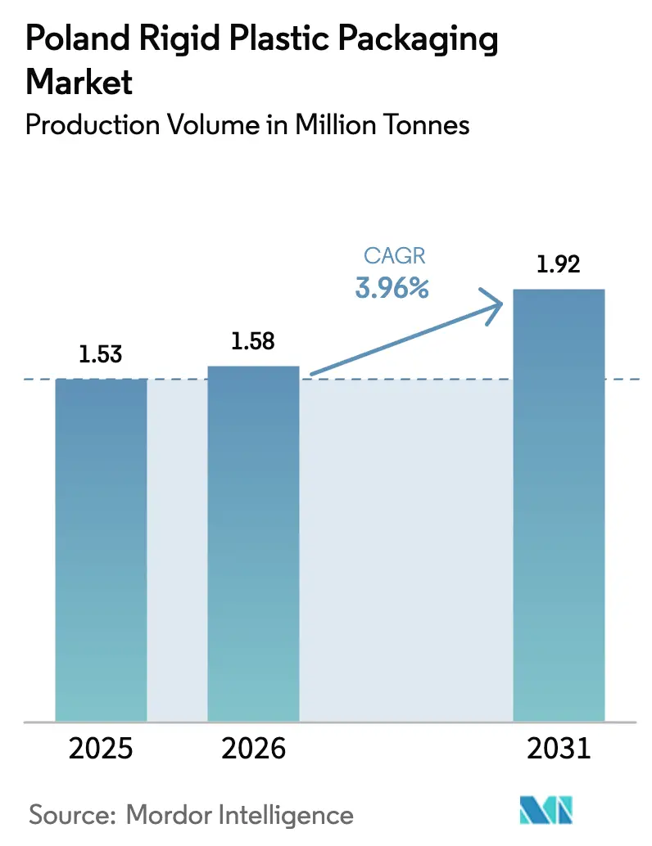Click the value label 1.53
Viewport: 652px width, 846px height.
pos(101,355)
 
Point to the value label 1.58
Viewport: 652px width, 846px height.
pos(253,342)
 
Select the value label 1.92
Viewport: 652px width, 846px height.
pos(559,265)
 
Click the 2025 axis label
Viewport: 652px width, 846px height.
pos(101,749)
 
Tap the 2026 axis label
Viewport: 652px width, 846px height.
pos(253,749)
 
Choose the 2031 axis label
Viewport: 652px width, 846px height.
pos(559,749)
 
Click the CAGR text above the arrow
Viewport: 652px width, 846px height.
pos(394,256)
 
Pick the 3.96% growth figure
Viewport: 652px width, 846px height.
pos(392,288)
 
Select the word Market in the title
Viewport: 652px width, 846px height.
pos(79,82)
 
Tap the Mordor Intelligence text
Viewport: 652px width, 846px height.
pos(240,815)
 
